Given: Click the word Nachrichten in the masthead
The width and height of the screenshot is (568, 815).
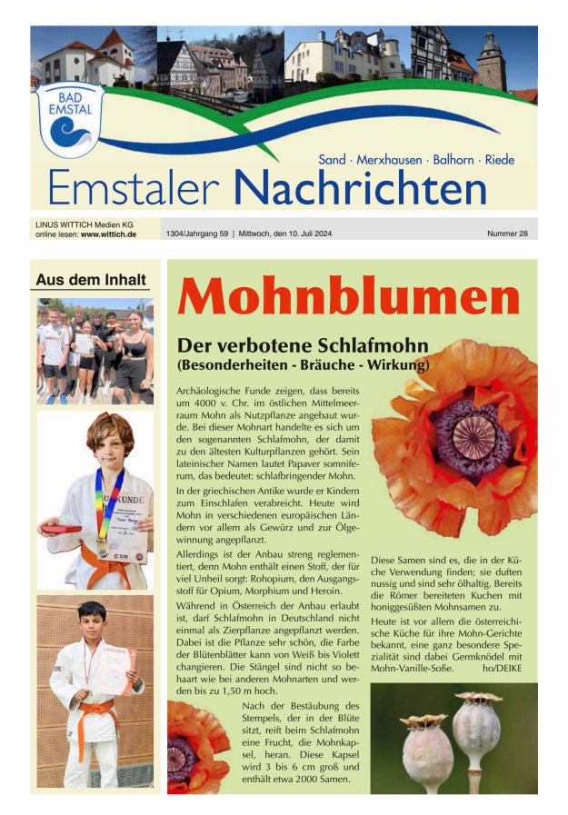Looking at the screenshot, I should pos(360,188).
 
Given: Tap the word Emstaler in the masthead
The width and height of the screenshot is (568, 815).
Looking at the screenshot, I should pos(134,188).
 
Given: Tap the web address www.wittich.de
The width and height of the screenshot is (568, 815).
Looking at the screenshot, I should pos(108,234).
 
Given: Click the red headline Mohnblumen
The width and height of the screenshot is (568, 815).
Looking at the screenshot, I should pos(349,295).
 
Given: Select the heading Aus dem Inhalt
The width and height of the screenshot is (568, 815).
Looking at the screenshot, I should pos(89,280).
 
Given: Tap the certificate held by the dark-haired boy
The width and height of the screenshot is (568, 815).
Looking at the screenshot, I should pos(117,668).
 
